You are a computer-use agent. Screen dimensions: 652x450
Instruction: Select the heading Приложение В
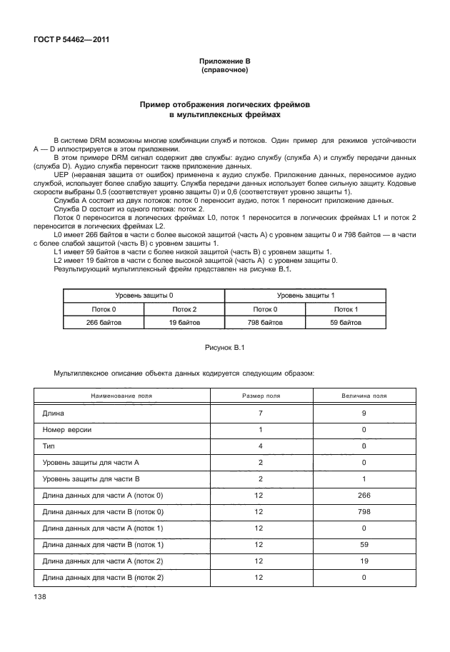pos(224,62)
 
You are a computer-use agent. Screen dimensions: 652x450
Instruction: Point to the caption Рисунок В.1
pos(224,347)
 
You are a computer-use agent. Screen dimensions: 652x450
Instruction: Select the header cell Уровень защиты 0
pos(144,295)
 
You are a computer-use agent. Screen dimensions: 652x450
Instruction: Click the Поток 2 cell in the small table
pos(184,309)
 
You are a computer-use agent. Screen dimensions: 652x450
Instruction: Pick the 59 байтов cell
pos(346,323)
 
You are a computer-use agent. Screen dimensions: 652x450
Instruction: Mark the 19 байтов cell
pos(184,323)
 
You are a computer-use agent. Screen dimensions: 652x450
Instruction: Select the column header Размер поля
pos(261,395)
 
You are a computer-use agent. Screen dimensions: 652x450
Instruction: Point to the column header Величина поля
pos(364,395)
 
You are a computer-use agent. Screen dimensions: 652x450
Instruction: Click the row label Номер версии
pos(67,431)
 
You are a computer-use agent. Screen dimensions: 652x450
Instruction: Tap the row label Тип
pos(49,447)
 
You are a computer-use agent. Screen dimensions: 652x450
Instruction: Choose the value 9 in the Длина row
pos(364,413)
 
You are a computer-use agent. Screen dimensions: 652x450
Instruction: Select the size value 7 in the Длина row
pos(261,413)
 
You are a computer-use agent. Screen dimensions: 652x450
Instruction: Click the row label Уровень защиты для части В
pos(91,478)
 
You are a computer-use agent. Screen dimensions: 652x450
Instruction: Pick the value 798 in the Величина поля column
pos(364,511)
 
